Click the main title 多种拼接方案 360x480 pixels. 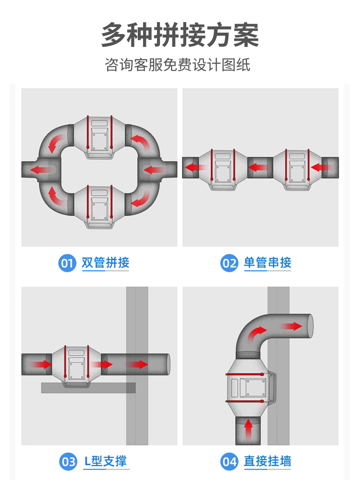click(x=180, y=35)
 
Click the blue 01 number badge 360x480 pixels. click(x=67, y=263)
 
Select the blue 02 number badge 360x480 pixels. click(x=229, y=263)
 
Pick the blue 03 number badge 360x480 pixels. click(x=67, y=462)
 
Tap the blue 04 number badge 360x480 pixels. click(x=229, y=462)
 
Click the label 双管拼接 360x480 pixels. click(x=106, y=263)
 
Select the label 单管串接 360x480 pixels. click(x=267, y=263)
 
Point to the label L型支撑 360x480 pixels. click(x=106, y=462)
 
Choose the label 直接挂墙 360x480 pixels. click(x=267, y=462)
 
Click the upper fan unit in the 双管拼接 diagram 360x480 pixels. click(x=99, y=137)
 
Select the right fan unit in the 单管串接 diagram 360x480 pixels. click(x=297, y=168)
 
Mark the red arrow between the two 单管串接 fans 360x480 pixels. click(x=259, y=168)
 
